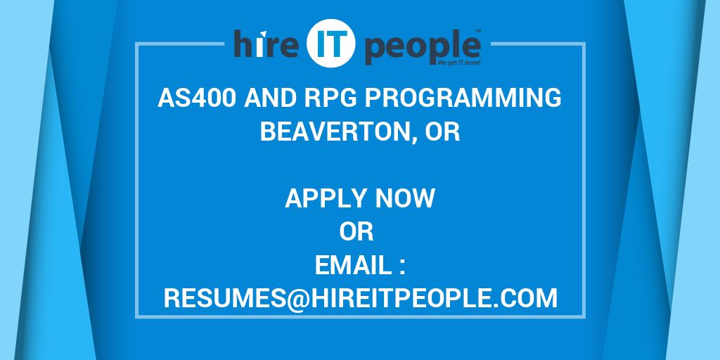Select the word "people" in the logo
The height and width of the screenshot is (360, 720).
pos(422,48)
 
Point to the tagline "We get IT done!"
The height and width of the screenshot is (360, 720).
pos(459,63)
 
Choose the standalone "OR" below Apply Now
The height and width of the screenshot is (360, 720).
pos(356,232)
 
